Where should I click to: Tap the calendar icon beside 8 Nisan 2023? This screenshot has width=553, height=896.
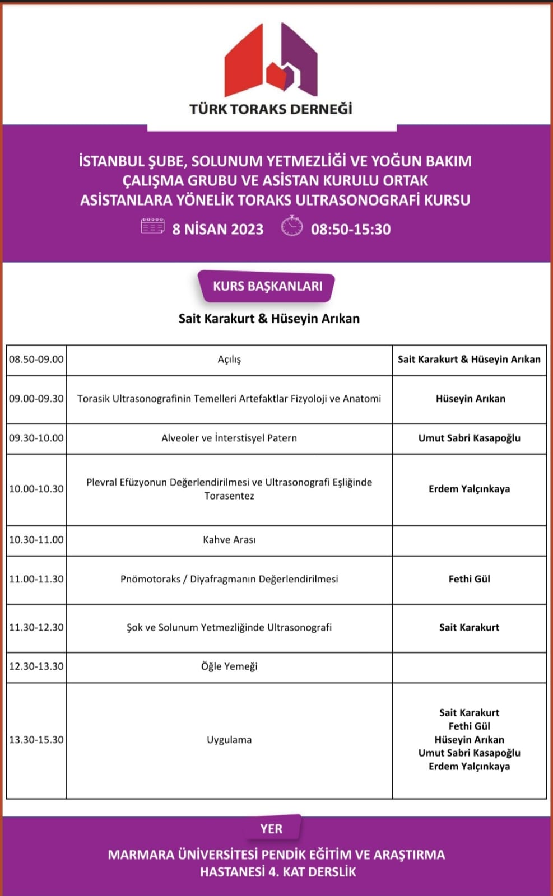click(x=152, y=226)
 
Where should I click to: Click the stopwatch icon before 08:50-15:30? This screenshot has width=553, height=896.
click(x=291, y=226)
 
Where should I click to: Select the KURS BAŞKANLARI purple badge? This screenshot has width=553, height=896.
click(x=267, y=286)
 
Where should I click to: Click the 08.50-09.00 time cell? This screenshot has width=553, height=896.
click(x=36, y=360)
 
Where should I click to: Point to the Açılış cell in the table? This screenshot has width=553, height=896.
click(x=229, y=360)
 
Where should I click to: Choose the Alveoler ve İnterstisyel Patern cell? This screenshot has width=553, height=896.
click(x=229, y=438)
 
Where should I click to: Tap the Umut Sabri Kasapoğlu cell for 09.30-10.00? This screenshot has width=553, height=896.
click(x=469, y=438)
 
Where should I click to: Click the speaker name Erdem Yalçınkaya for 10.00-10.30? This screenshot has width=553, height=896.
click(x=469, y=489)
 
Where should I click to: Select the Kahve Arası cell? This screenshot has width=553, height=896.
click(x=229, y=540)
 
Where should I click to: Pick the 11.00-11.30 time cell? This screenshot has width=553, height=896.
click(x=36, y=579)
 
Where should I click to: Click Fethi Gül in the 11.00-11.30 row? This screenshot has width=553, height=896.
click(x=469, y=579)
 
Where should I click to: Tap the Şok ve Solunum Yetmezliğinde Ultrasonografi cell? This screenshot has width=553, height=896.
click(x=229, y=627)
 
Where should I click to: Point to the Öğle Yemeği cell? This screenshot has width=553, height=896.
click(x=229, y=666)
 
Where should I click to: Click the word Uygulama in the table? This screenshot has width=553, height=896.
click(x=229, y=740)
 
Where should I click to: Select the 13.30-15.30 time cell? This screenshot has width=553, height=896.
click(x=36, y=740)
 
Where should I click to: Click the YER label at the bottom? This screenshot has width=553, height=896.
click(x=271, y=829)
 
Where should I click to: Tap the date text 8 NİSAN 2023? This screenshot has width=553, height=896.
click(x=218, y=229)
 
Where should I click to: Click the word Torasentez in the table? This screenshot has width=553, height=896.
click(x=229, y=496)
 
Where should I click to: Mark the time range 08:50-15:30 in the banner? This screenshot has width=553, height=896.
click(x=351, y=229)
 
